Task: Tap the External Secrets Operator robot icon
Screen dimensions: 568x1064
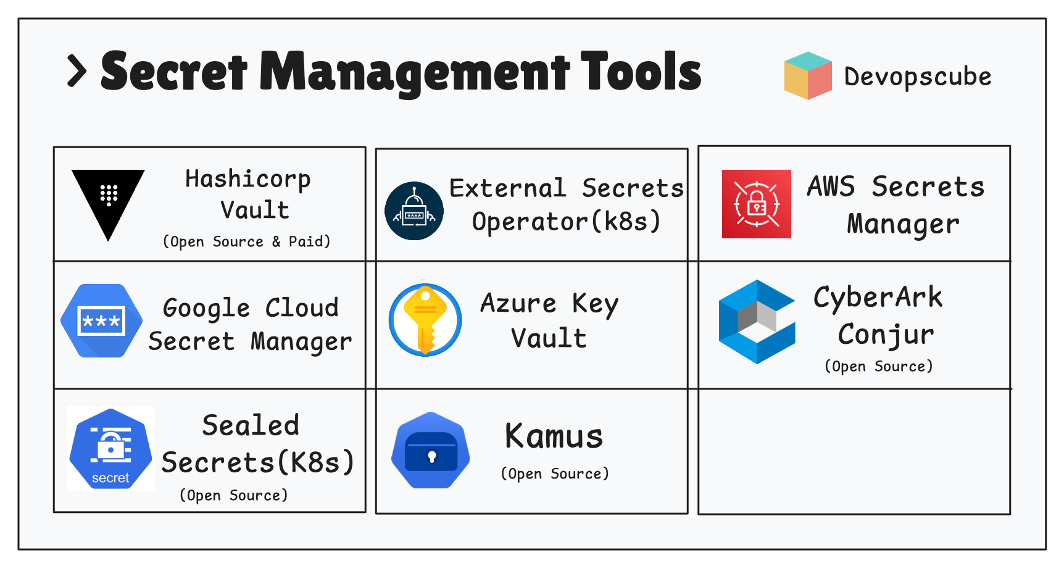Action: [414, 211]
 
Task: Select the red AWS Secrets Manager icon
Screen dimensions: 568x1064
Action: [756, 204]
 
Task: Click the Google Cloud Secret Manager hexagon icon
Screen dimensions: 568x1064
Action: [101, 321]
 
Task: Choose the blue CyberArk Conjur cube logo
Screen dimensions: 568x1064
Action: [757, 322]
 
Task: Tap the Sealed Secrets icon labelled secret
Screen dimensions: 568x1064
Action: [110, 449]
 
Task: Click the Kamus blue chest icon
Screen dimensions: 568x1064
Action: [431, 450]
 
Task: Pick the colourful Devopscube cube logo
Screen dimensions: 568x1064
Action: [807, 75]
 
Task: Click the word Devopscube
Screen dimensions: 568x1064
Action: [917, 77]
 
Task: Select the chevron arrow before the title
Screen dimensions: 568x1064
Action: [77, 71]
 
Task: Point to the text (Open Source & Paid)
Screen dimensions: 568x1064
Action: [246, 241]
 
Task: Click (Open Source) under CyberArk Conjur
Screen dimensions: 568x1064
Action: [878, 366]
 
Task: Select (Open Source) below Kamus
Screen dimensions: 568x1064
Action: [554, 474]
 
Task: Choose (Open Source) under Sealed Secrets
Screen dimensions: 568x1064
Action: [233, 495]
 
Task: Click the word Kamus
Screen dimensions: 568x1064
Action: [554, 436]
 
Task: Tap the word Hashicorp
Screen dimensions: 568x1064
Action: [247, 179]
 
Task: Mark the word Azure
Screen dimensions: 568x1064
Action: [518, 303]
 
